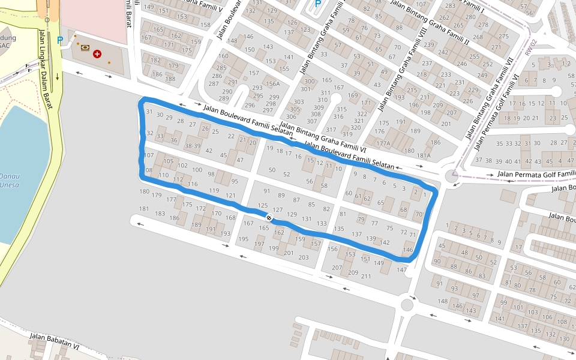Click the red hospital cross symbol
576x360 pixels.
97,53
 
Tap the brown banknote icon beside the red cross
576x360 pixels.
85,47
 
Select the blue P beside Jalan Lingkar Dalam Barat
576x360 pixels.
59,41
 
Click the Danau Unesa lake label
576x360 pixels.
10,181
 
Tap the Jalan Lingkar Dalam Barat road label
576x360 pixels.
45,69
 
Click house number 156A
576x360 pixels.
273,84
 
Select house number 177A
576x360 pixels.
383,143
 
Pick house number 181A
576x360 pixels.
424,155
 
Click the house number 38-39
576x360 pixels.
193,146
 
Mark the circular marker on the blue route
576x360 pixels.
269,218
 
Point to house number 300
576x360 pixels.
310,82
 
